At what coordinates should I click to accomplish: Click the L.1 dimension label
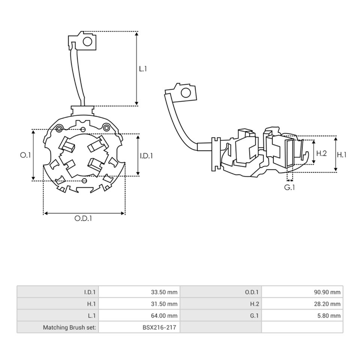pyautogui.click(x=143, y=69)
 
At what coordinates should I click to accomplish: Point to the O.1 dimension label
pyautogui.click(x=25, y=155)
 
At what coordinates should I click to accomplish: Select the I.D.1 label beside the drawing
pyautogui.click(x=146, y=156)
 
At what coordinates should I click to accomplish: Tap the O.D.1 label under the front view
pyautogui.click(x=83, y=218)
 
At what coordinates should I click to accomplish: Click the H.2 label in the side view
pyautogui.click(x=321, y=153)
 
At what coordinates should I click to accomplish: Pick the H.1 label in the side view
pyautogui.click(x=342, y=155)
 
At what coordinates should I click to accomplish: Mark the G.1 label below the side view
pyautogui.click(x=289, y=187)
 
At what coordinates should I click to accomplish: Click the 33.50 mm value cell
pyautogui.click(x=164, y=292)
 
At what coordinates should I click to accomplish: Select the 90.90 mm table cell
pyautogui.click(x=327, y=292)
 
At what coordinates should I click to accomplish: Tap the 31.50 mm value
pyautogui.click(x=164, y=304)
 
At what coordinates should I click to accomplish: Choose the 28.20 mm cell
pyautogui.click(x=327, y=304)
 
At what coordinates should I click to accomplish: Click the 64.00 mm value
pyautogui.click(x=164, y=316)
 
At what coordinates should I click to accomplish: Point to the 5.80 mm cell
pyautogui.click(x=329, y=316)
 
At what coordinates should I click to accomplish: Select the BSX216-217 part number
pyautogui.click(x=159, y=327)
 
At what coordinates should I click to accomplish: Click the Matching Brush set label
pyautogui.click(x=69, y=327)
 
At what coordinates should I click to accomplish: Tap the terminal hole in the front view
pyautogui.click(x=87, y=42)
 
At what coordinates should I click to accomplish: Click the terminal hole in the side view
pyautogui.click(x=186, y=93)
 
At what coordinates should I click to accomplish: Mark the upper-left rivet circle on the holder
pyautogui.click(x=59, y=129)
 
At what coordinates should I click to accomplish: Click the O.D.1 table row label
pyautogui.click(x=252, y=292)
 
